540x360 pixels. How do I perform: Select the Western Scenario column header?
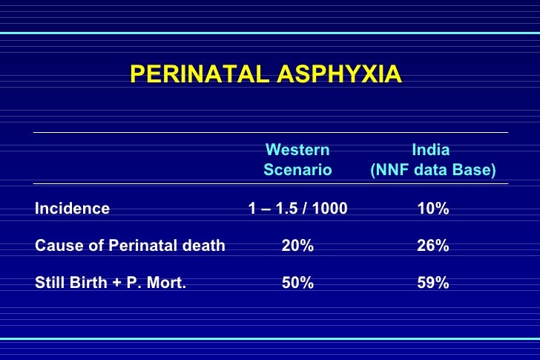[297, 160]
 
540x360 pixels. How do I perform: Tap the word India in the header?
[431, 150]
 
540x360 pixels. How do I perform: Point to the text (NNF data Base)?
[433, 171]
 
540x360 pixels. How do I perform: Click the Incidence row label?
[72, 209]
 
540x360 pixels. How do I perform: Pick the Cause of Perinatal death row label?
[130, 246]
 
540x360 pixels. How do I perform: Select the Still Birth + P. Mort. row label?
[111, 283]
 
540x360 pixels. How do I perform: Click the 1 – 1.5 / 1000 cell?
[297, 209]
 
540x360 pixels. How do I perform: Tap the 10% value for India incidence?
[433, 209]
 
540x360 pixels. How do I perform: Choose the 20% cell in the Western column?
[297, 246]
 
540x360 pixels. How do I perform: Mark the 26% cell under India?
[433, 246]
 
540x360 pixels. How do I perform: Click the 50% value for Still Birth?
[297, 283]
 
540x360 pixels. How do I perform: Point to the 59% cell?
[433, 283]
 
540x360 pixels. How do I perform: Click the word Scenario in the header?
[297, 171]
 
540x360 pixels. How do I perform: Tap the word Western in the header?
[297, 150]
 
